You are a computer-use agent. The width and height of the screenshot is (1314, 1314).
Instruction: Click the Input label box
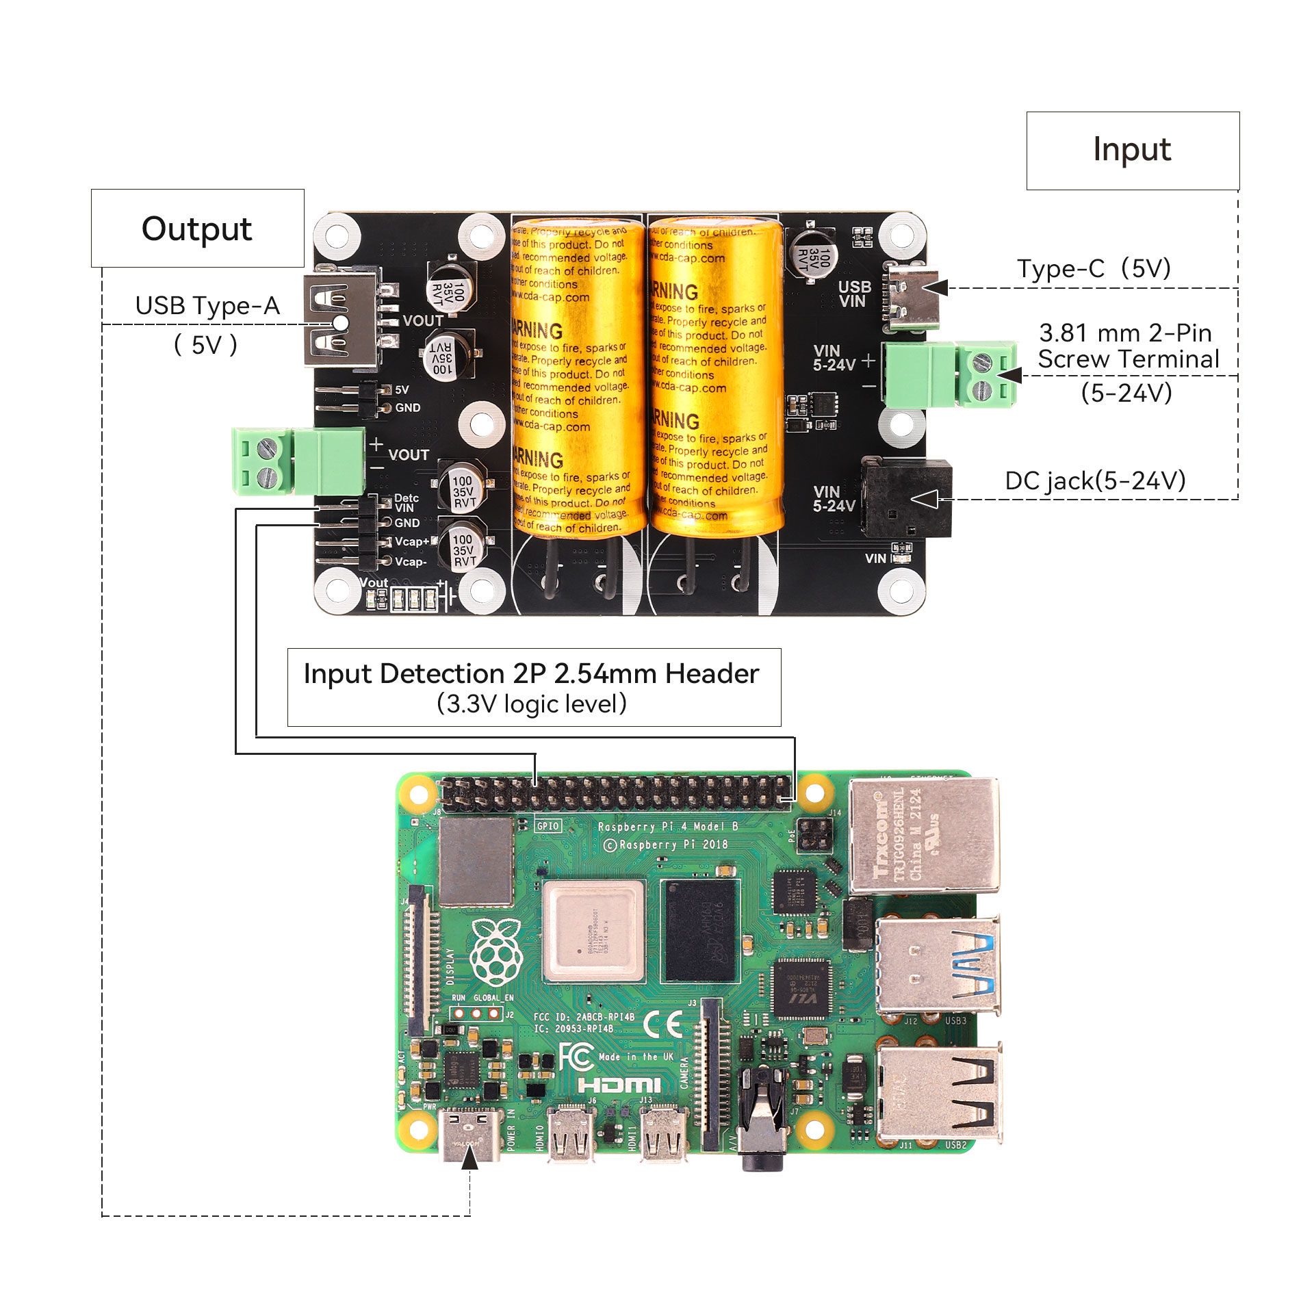[x=1132, y=151]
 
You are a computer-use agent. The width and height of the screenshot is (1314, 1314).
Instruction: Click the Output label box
[x=197, y=229]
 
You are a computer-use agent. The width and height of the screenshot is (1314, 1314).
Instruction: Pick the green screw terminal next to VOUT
[x=298, y=461]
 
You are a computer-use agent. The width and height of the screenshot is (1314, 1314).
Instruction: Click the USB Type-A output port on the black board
[x=341, y=320]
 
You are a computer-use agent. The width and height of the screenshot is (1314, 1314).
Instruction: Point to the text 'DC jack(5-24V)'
[x=1095, y=481]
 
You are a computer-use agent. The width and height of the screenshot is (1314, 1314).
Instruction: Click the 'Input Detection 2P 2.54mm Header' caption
[x=532, y=674]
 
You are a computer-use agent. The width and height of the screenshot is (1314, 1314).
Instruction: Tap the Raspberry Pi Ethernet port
[x=923, y=836]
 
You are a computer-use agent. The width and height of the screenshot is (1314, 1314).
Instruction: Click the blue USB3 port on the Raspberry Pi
[x=938, y=965]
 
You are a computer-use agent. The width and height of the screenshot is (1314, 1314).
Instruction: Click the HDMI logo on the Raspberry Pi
[x=619, y=1085]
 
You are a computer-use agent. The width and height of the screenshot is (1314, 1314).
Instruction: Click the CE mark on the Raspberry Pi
[x=662, y=1025]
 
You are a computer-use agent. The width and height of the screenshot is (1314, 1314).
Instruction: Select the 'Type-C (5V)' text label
[x=1094, y=269]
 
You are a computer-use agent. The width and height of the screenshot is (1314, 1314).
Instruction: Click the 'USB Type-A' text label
[x=207, y=306]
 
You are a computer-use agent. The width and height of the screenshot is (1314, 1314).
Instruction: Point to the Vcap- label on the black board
[x=411, y=562]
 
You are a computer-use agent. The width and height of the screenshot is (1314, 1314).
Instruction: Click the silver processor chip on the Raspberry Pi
[x=593, y=931]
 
